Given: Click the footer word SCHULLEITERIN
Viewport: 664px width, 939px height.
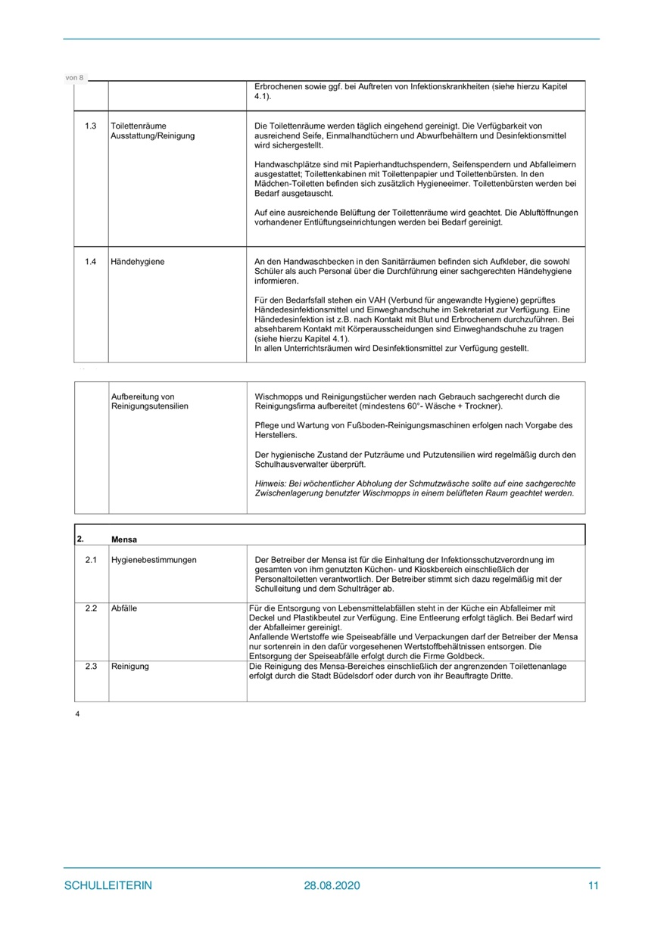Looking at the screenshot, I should point(108,886).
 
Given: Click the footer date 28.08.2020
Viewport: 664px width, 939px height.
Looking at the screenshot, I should point(332,886).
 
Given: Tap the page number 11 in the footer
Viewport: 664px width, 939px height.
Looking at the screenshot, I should point(593,886).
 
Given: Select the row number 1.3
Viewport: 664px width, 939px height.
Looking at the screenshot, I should point(91,126).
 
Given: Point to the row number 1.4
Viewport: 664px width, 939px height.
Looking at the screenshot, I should point(91,262).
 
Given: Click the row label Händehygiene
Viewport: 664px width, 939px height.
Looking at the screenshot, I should point(138,262).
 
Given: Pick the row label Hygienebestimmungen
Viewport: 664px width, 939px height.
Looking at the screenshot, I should point(154,560).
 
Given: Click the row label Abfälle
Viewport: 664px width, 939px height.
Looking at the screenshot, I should point(125,608).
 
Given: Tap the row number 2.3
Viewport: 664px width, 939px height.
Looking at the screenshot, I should point(91,667).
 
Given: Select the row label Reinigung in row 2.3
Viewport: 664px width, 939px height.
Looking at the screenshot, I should point(129,667).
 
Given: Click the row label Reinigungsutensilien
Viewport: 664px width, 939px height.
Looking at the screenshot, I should point(149,406).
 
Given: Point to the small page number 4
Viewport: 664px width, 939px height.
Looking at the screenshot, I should point(78,714).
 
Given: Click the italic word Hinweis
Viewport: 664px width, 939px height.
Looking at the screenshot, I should point(270,483).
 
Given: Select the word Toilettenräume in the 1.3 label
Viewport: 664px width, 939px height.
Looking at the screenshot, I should point(139,126).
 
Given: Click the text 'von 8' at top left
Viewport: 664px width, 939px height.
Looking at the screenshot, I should point(75,78).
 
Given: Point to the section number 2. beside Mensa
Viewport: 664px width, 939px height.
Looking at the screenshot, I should point(79,539).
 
